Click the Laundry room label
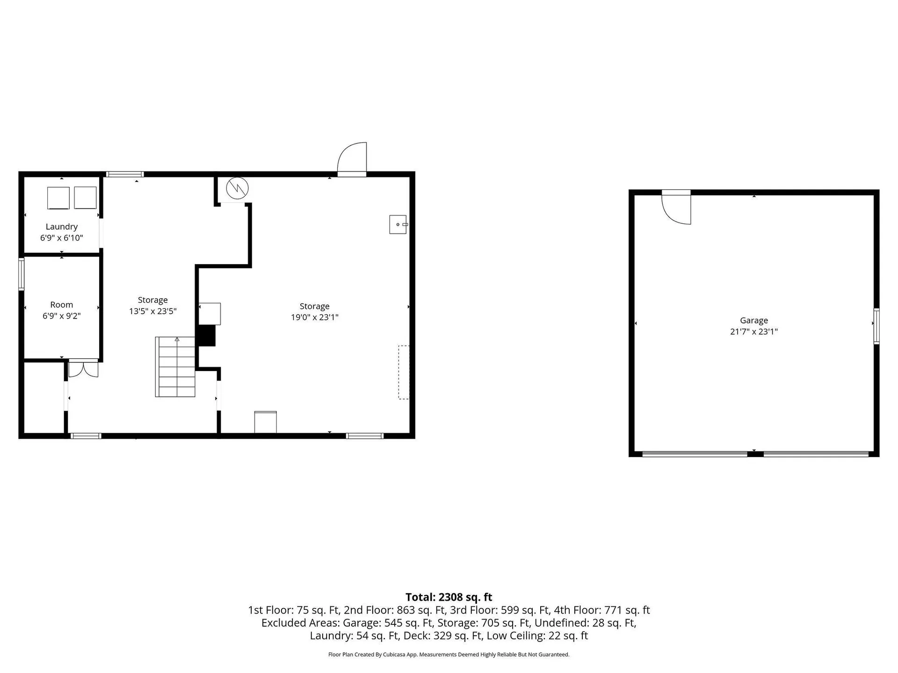pos(61,227)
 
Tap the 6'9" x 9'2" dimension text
pos(61,316)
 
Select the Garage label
pos(753,321)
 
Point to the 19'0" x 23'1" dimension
pos(314,317)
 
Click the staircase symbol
pos(175,367)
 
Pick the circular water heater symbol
pos(237,188)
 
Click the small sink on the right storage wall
pos(398,224)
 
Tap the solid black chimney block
pos(205,336)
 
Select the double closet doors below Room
pos(83,368)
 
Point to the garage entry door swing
pos(676,207)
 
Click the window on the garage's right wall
pos(876,326)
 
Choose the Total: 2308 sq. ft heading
pos(449,597)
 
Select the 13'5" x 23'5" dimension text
pos(152,311)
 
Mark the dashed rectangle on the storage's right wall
pos(404,372)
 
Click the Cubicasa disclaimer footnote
pos(449,655)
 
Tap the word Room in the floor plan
pos(61,305)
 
